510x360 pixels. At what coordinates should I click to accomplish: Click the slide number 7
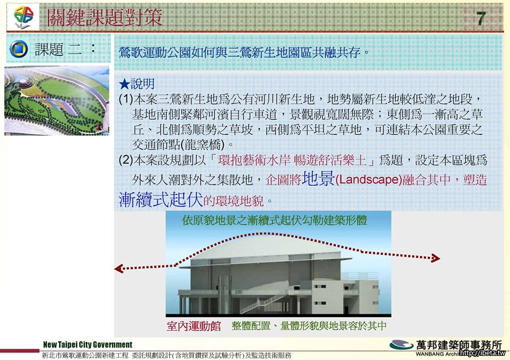[x=481, y=18]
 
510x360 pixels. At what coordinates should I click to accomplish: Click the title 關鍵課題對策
[x=105, y=17]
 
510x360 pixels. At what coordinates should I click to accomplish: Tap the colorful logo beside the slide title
[x=24, y=17]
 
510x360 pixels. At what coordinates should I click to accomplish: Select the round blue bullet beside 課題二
[x=19, y=49]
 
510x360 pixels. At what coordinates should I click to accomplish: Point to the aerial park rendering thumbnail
[x=57, y=100]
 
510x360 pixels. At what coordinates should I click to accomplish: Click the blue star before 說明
[x=124, y=84]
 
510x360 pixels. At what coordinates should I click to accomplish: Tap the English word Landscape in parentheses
[x=368, y=180]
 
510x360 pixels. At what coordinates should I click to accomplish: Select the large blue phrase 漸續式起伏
[x=160, y=199]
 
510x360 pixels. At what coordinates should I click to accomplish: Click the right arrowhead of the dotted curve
[x=435, y=258]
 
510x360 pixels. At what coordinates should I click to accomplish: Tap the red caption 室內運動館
[x=193, y=326]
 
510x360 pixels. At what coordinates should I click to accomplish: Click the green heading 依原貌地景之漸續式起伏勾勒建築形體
[x=275, y=220]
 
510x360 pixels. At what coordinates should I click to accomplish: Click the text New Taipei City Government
[x=88, y=345]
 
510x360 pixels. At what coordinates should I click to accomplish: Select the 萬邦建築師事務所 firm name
[x=459, y=345]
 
